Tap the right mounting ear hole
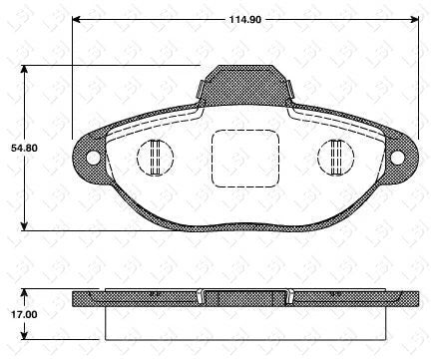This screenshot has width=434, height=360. [x=399, y=157]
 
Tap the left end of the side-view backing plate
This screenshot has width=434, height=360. [x=76, y=299]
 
